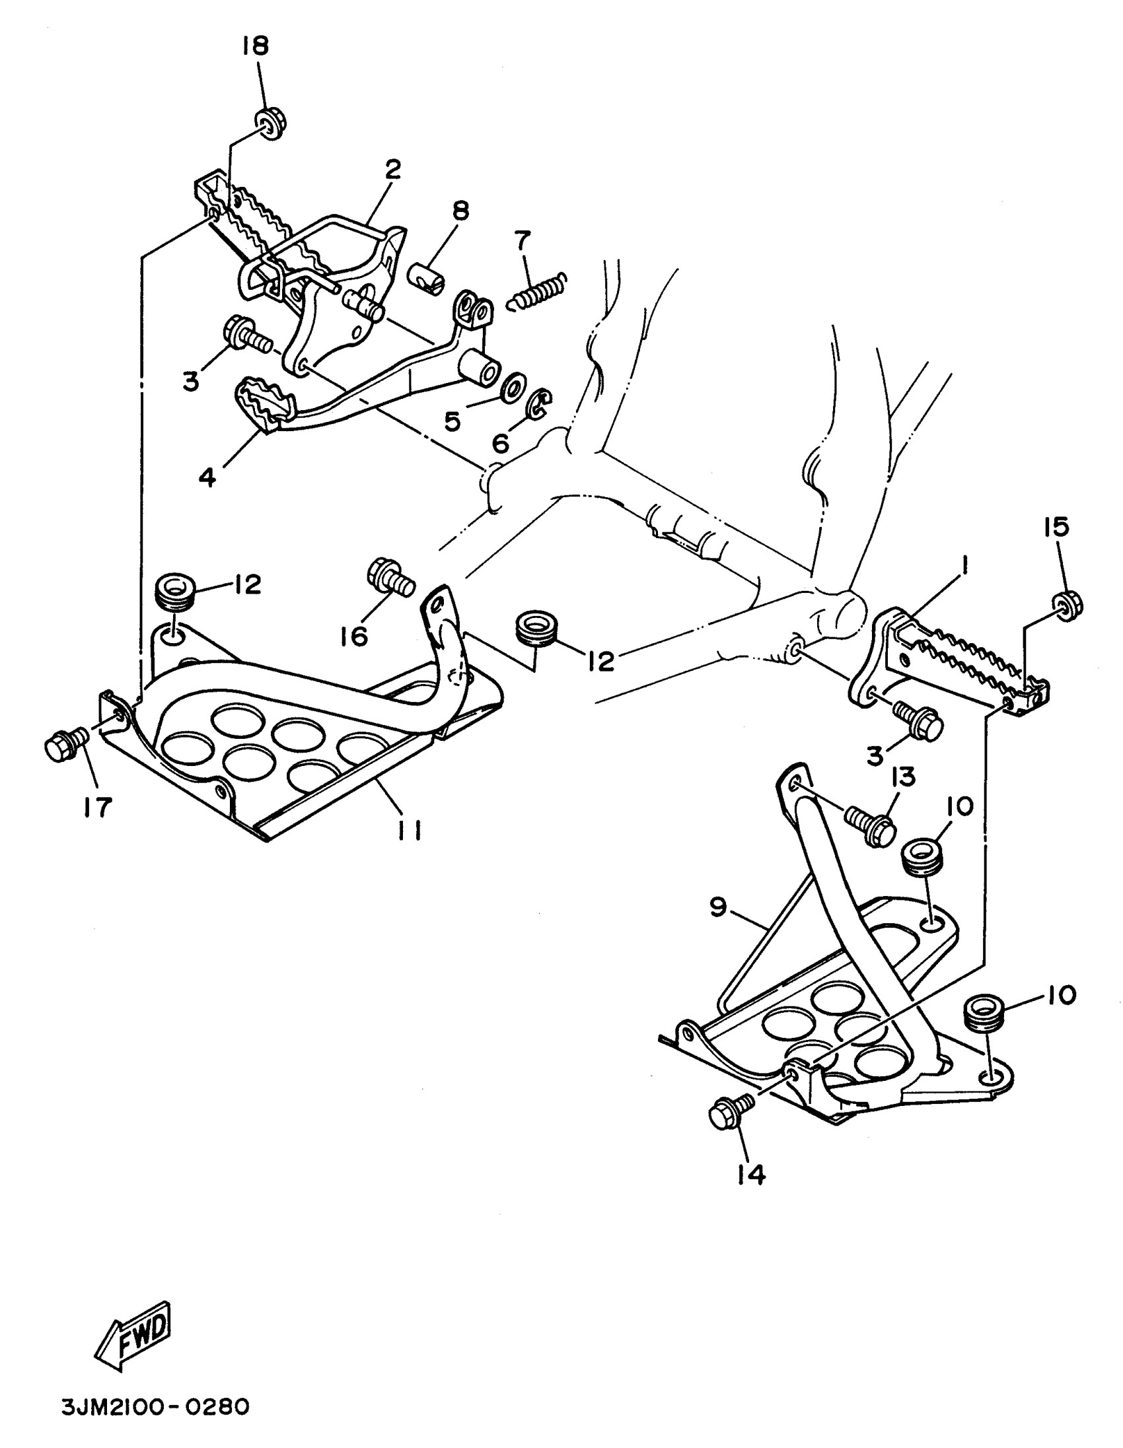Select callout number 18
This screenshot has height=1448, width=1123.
(x=256, y=47)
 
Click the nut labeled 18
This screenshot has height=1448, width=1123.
(x=270, y=124)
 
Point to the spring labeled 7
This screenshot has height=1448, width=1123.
(x=535, y=290)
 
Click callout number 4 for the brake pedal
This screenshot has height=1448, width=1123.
(x=207, y=476)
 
